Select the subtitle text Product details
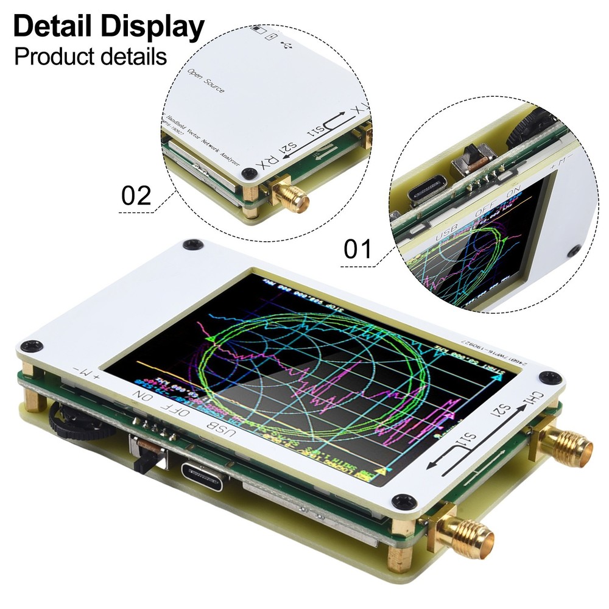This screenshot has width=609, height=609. coord(90,57)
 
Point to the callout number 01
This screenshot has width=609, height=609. coord(359,250)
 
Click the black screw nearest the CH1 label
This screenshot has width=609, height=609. coord(551,377)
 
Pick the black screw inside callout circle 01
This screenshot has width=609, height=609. coord(573,250)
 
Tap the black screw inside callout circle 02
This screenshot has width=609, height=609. coord(247,174)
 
